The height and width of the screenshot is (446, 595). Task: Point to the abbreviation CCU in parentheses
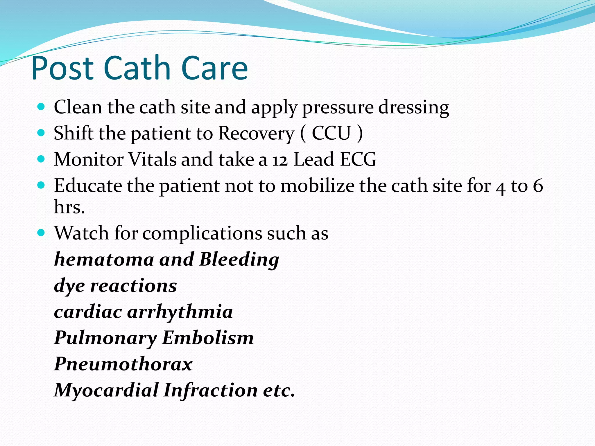point(331,133)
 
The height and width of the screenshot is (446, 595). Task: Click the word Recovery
point(256,134)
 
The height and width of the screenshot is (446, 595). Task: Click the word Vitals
point(152,159)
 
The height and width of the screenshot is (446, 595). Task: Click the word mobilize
point(317,186)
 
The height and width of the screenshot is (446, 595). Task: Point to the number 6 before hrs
point(538,186)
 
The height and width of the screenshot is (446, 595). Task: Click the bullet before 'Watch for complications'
point(41,233)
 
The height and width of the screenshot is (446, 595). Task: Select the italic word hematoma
point(104,259)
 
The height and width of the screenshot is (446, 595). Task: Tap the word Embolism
point(208,338)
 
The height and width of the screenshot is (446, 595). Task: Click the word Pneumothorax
point(123,364)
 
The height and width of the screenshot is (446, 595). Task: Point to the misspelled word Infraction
point(210,390)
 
